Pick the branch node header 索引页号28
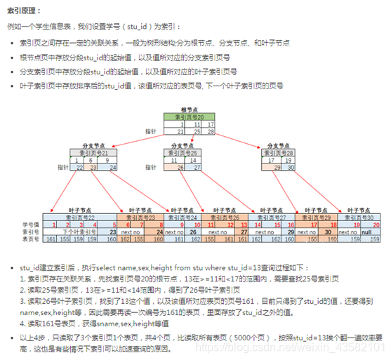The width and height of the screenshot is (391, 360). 271,152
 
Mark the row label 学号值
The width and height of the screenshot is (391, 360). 30,224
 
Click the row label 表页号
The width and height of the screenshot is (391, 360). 30,238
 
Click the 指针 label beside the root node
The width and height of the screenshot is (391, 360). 150,131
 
